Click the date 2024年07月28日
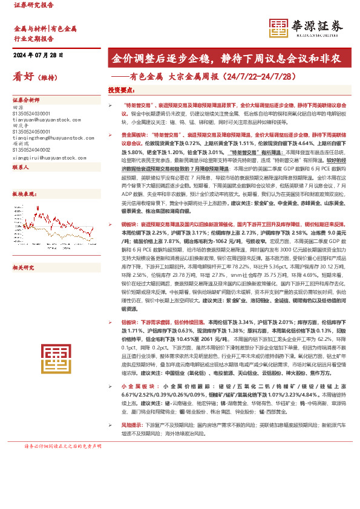[38, 55]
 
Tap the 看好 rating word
[22, 76]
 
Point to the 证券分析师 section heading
[26, 100]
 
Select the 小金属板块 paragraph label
[136, 385]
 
